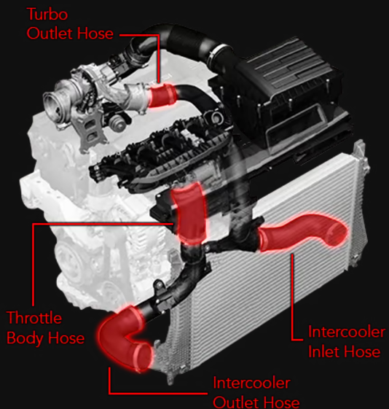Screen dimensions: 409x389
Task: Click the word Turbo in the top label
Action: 49,14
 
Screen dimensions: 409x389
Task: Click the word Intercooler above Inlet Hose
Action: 346,333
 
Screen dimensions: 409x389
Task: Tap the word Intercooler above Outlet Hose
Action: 251,383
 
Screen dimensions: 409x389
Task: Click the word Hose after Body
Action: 64,338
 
